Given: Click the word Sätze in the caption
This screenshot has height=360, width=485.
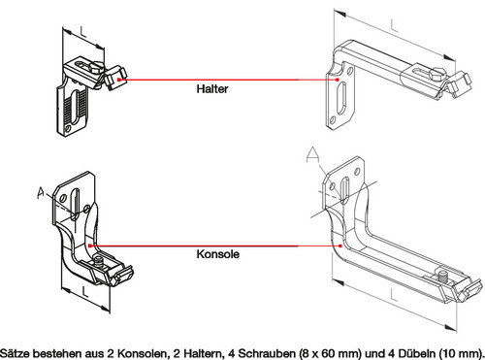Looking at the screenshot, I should pos(17,348).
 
